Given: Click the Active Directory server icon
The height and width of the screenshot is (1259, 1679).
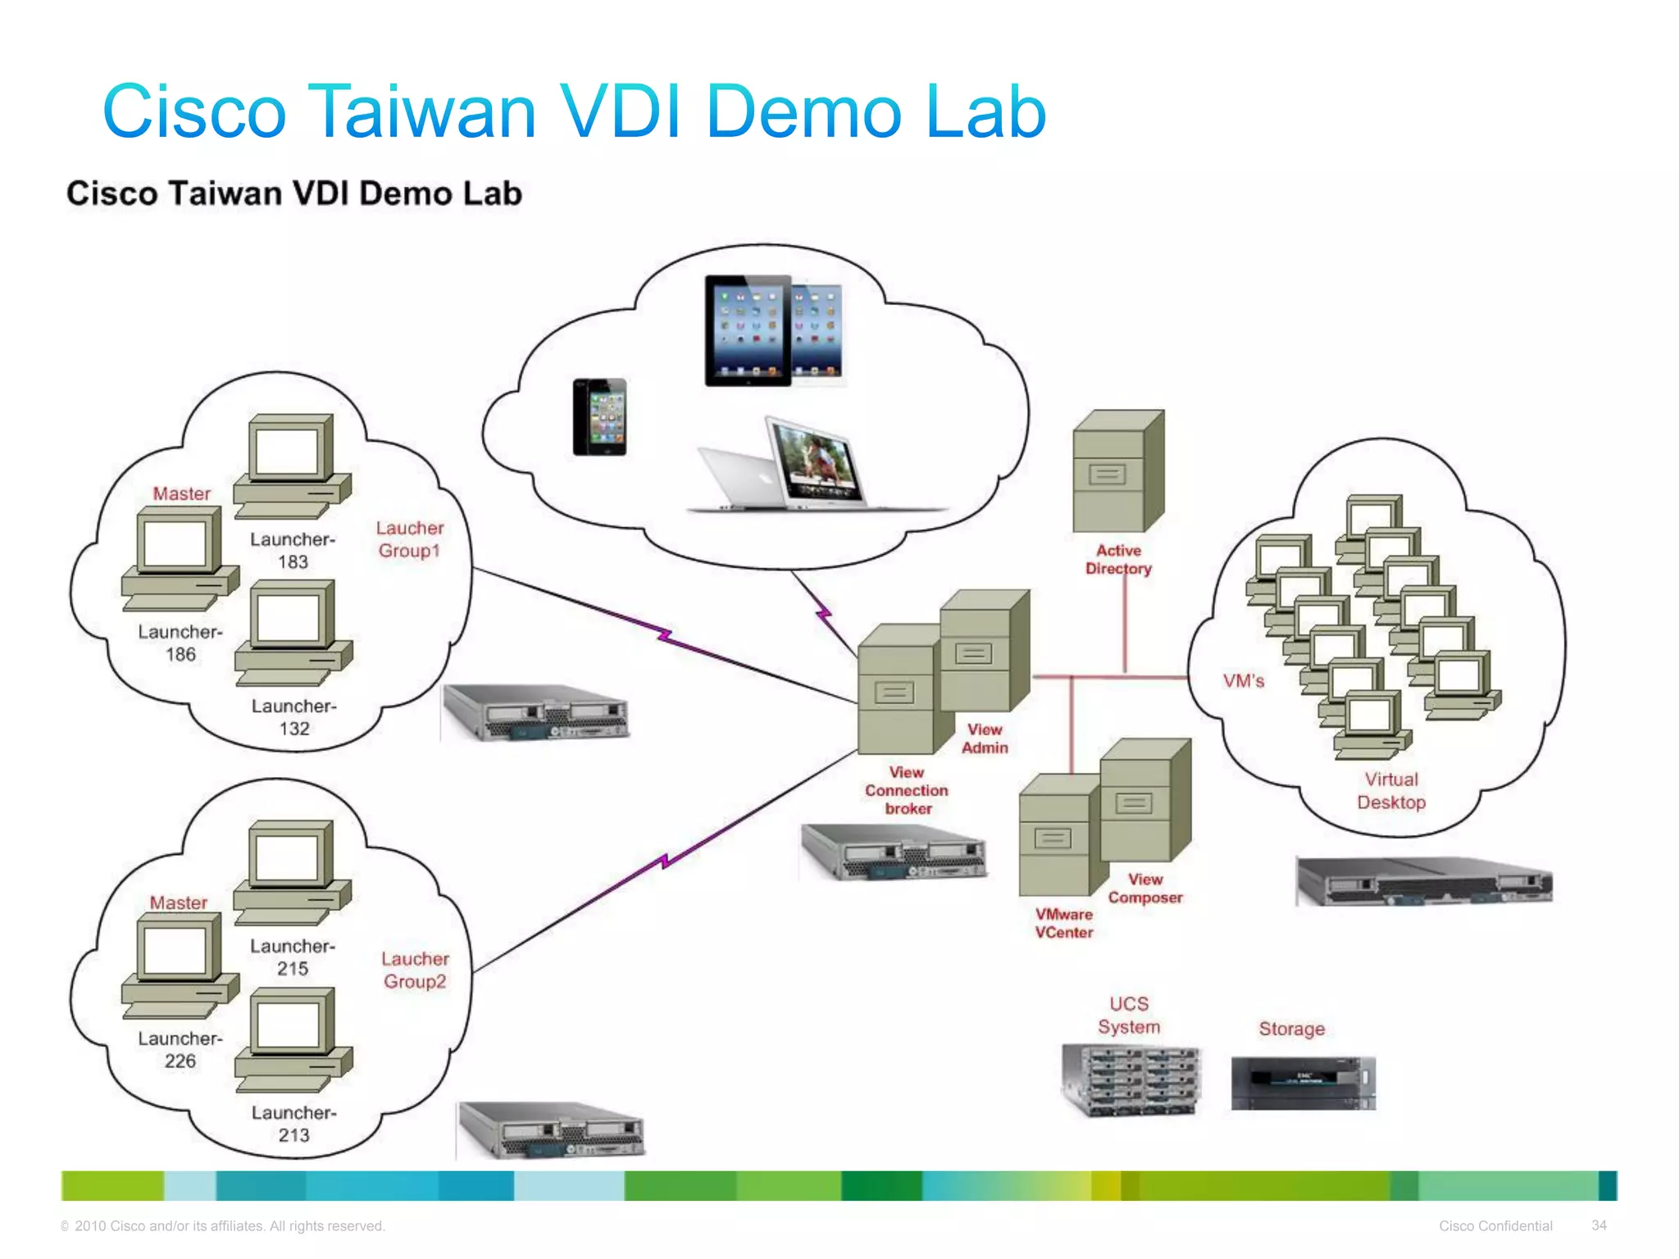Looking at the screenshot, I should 1118,472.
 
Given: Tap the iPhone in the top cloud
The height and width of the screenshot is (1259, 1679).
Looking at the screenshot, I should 600,416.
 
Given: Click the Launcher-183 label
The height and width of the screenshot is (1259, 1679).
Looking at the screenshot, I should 293,551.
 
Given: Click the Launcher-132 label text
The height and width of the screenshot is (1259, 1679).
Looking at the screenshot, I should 293,717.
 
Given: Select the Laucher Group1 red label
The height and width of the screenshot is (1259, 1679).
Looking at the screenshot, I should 410,539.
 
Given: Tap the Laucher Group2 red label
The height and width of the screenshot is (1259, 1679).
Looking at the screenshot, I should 415,970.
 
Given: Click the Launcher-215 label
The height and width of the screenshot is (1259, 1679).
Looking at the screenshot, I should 293,957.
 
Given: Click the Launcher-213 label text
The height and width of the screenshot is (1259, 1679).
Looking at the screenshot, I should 293,1124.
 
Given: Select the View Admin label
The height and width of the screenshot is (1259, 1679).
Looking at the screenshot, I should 985,739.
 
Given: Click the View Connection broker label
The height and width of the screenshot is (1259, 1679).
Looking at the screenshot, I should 907,790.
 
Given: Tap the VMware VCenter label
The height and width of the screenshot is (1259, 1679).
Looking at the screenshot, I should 1064,923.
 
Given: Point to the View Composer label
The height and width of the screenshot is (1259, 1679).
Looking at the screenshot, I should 1145,889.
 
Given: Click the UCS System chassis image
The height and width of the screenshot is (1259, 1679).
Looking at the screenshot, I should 1131,1081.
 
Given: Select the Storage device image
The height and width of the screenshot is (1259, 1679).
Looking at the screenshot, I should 1303,1084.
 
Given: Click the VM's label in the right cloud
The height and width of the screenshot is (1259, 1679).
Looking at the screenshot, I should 1243,681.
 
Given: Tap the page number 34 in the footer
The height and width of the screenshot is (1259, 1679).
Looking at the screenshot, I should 1599,1225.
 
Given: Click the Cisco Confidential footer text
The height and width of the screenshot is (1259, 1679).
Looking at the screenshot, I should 1495,1225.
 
